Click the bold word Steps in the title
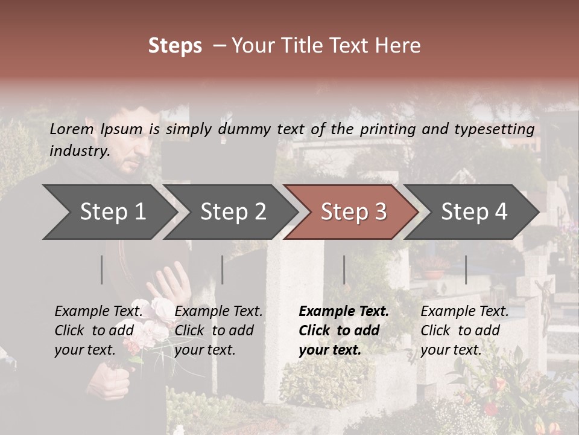point(175,46)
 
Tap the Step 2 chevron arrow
point(226,211)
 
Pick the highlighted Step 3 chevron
point(350,211)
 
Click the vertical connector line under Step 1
point(102,269)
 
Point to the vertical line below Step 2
point(223,269)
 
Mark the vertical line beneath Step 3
point(344,269)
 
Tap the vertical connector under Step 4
point(466,269)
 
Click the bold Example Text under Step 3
point(344,312)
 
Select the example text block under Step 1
point(98,330)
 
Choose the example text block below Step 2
point(218,330)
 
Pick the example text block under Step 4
point(464,330)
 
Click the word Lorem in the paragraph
point(71,129)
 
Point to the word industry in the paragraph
point(79,150)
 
